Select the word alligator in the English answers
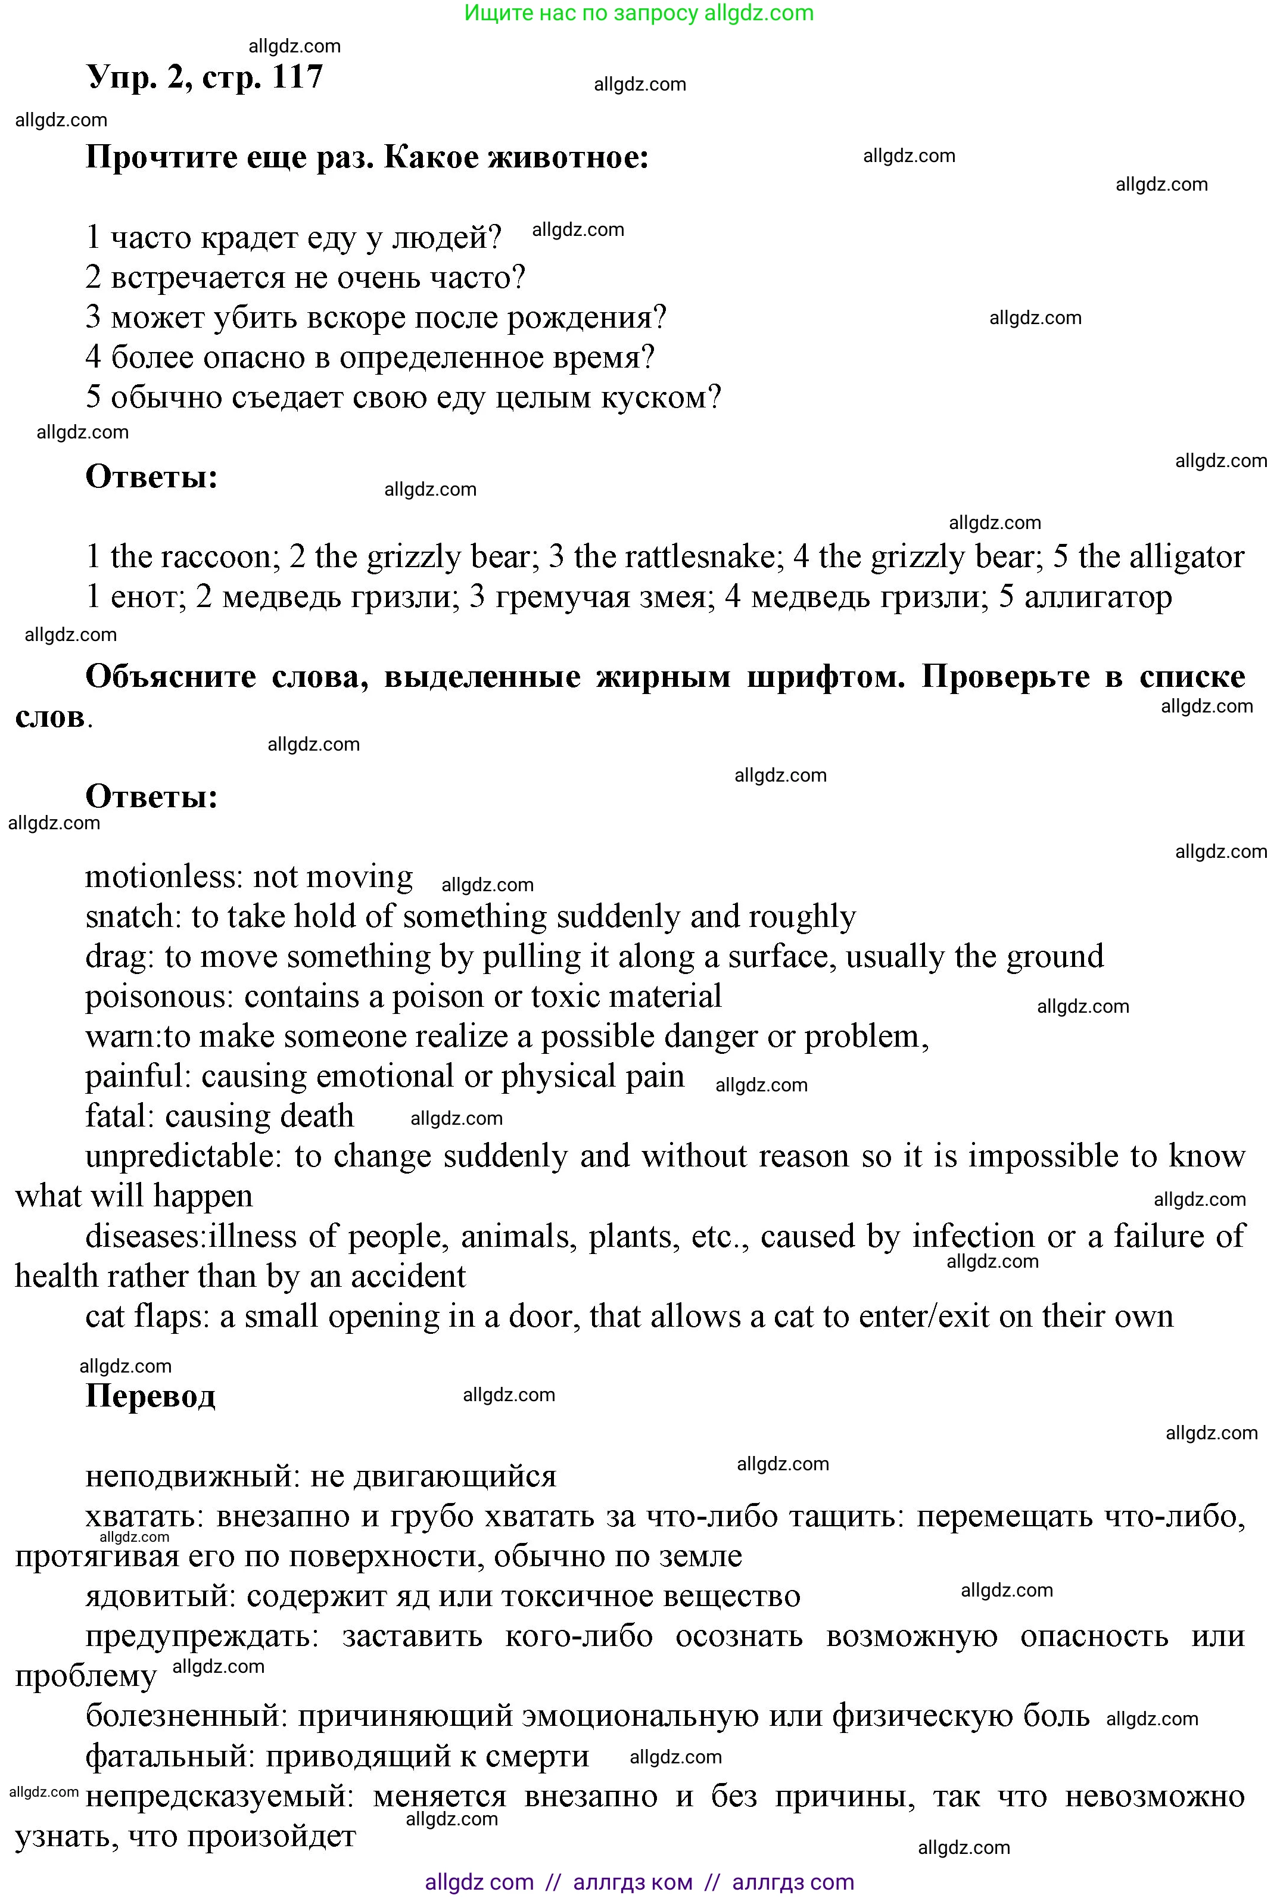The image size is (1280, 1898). coord(1187,558)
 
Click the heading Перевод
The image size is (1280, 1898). coord(150,1396)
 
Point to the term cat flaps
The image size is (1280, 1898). coord(144,1317)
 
